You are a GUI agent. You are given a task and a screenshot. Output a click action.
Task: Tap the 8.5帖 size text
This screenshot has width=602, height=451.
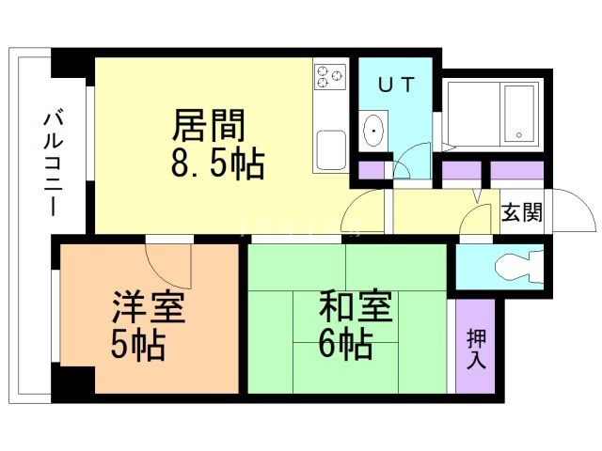[216, 165]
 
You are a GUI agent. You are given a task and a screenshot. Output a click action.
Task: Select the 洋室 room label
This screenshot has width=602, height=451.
[148, 307]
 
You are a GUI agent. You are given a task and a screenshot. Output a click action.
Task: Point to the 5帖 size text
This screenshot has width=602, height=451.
[137, 346]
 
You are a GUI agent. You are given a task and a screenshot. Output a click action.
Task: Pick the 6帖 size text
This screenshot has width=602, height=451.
[344, 346]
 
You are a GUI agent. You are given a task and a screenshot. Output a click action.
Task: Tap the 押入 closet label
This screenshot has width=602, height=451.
[477, 348]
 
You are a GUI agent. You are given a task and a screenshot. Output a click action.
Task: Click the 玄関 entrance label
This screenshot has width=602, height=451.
[521, 212]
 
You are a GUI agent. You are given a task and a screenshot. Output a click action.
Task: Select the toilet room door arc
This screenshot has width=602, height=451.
[476, 221]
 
